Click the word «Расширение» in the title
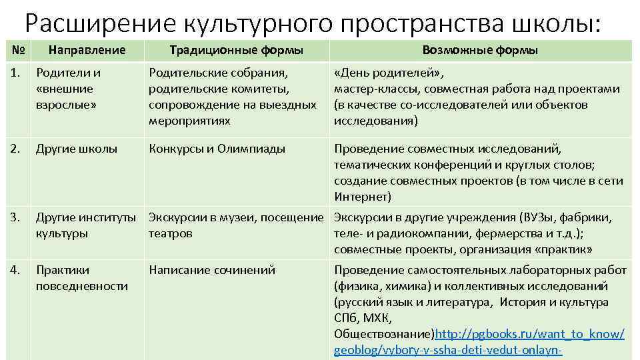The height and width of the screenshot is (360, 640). tap(90, 24)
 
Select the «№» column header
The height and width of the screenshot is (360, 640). tap(18, 50)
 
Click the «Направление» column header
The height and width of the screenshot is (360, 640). tap(87, 50)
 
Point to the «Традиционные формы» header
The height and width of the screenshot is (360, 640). tap(236, 50)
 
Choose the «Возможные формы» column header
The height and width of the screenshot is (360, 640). tap(480, 50)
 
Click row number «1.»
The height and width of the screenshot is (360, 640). tap(18, 73)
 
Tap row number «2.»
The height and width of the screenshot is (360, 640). tap(18, 149)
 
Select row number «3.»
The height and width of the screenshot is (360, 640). tap(18, 217)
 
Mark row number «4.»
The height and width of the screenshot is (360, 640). tap(18, 270)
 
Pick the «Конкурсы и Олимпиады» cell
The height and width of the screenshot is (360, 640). tap(217, 149)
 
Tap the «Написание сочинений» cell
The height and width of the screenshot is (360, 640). tap(212, 270)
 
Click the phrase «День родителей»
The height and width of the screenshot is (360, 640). tap(389, 73)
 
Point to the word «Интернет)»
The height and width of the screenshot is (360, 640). tap(363, 197)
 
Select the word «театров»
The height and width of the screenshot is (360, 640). tap(171, 233)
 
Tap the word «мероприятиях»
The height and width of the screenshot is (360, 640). tap(190, 121)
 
